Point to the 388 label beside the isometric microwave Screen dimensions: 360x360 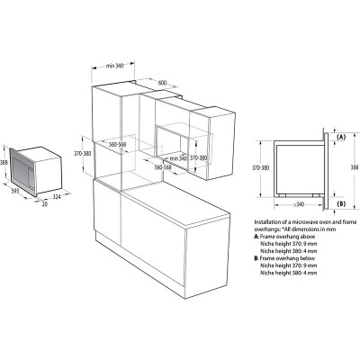(5, 162)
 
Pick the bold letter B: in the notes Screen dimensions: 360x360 (258, 256)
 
